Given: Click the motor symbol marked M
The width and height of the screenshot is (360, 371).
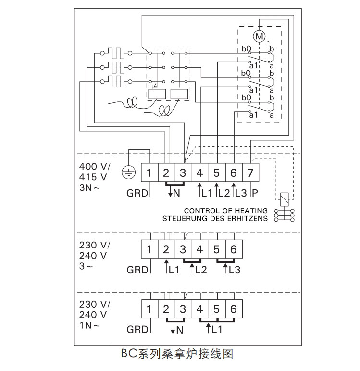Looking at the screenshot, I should pyautogui.click(x=259, y=36).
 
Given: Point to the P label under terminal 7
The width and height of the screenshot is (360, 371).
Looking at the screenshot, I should pyautogui.click(x=255, y=193).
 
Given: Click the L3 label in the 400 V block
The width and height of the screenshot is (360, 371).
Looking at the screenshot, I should pyautogui.click(x=241, y=193).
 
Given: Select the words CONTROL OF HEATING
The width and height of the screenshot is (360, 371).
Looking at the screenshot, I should pyautogui.click(x=225, y=211).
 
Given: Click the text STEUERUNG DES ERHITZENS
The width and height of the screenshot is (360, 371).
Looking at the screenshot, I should pyautogui.click(x=215, y=219).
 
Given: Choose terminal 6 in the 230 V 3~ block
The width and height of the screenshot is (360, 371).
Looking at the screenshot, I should pyautogui.click(x=234, y=249).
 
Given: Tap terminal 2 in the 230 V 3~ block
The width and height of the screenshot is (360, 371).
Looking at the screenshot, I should pyautogui.click(x=166, y=249).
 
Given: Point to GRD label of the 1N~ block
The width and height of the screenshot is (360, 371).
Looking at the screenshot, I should pyautogui.click(x=137, y=330).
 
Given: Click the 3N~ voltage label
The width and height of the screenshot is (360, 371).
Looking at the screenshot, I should pyautogui.click(x=90, y=188).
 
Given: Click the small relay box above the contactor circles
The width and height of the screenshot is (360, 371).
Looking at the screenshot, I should pyautogui.click(x=284, y=198).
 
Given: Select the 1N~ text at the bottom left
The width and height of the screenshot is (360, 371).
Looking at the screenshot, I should pyautogui.click(x=90, y=325).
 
